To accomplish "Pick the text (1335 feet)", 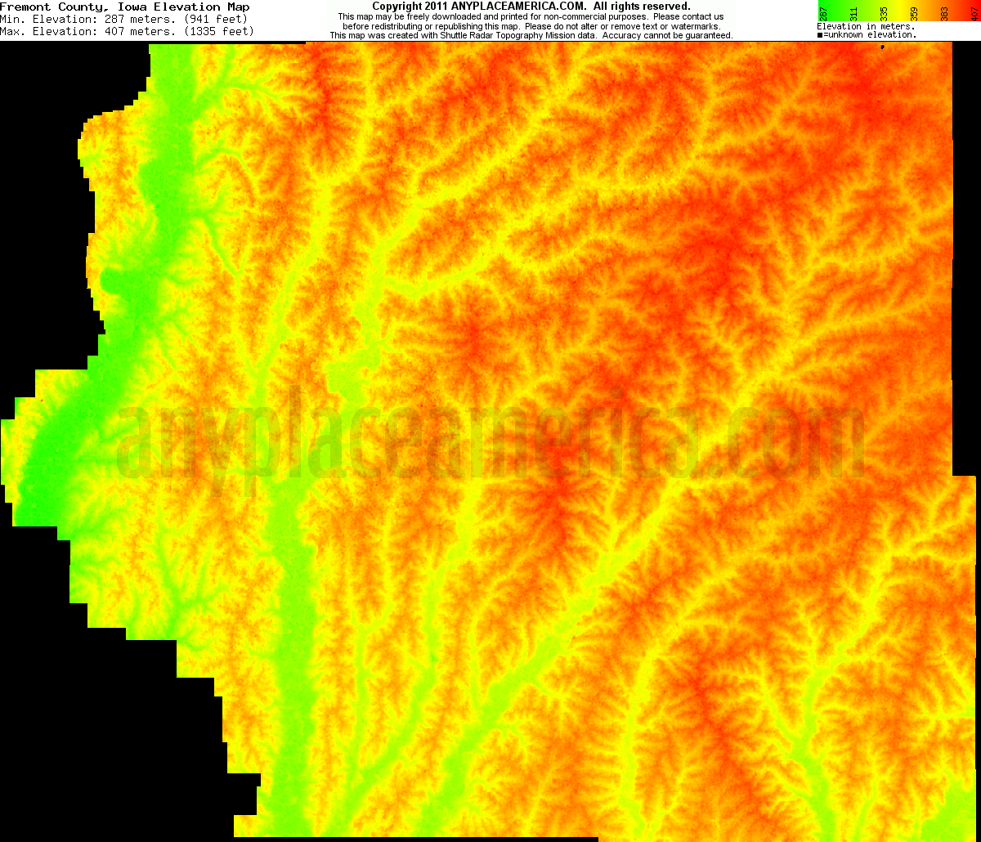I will click(220, 32).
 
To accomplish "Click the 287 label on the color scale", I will click(824, 12).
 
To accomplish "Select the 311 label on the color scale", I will click(853, 12).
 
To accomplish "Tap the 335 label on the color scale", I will click(884, 12).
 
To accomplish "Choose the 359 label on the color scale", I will click(914, 12).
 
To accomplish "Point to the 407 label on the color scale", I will click(973, 12).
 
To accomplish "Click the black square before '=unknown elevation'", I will click(820, 35).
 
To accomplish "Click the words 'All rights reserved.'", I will click(642, 7).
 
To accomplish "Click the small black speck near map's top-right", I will click(883, 48).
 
